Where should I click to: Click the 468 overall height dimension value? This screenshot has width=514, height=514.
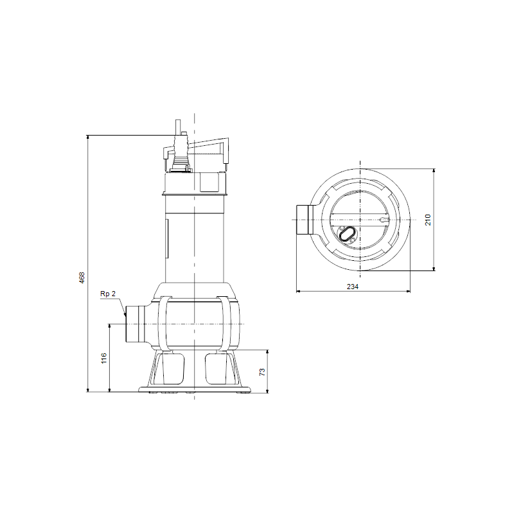(x=82, y=278)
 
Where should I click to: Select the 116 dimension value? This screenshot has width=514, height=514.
(x=104, y=359)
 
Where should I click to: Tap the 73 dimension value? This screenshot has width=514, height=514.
(x=262, y=372)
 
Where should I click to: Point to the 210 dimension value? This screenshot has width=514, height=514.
(x=428, y=220)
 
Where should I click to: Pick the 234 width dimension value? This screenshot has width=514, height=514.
(x=353, y=287)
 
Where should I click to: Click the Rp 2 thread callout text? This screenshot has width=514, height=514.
(x=108, y=294)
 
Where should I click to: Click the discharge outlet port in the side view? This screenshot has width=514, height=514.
(x=135, y=324)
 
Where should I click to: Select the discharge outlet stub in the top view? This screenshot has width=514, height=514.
(x=303, y=220)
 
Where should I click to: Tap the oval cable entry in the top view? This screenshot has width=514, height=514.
(x=346, y=234)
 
